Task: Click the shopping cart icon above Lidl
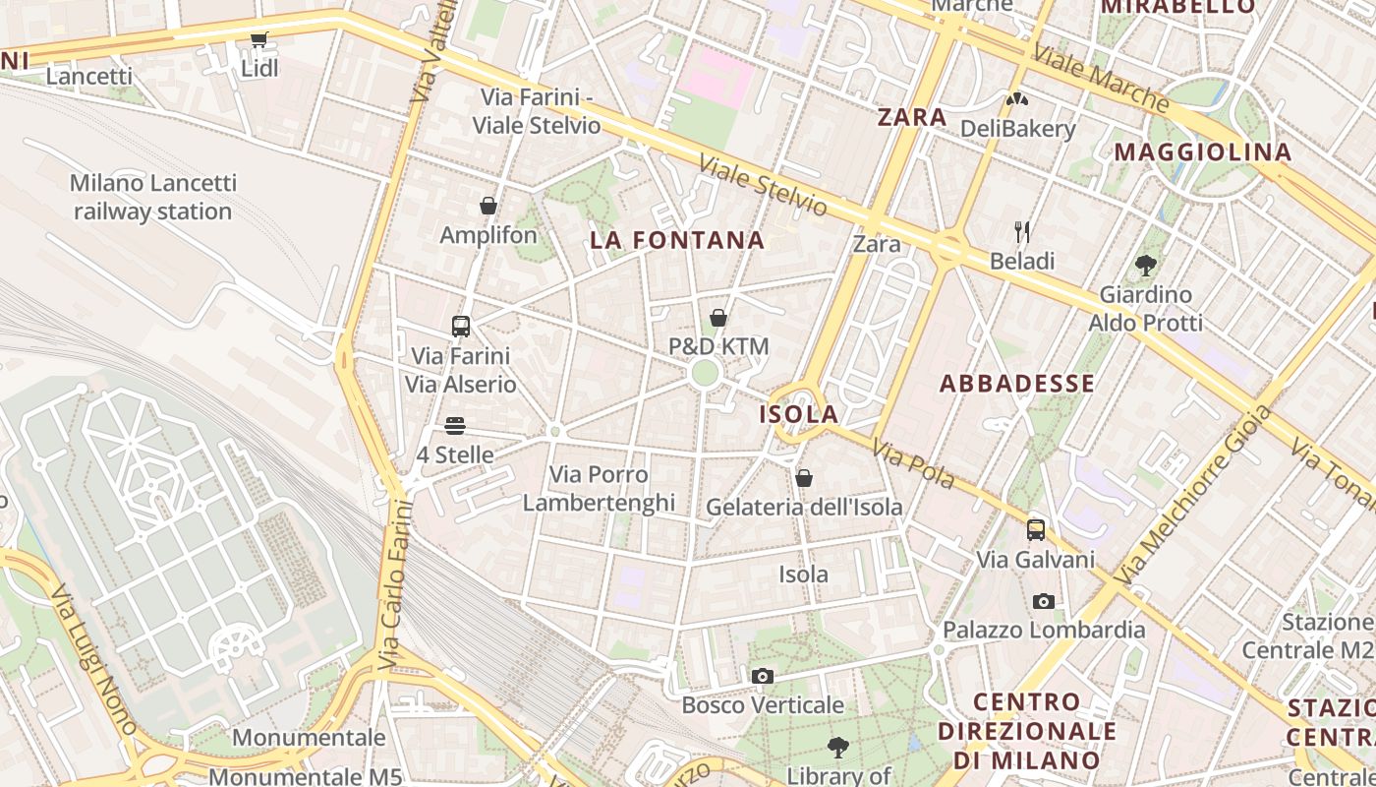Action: pos(258,40)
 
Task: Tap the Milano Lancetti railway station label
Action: pos(152,197)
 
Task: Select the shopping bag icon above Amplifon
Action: pos(488,206)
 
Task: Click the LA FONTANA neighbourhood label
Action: pos(677,240)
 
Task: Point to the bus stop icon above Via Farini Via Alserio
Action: pos(460,327)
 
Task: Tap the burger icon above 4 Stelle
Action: pos(454,426)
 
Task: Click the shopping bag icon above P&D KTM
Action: pos(718,318)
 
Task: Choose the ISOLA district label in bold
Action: pos(798,414)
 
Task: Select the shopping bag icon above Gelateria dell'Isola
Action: pos(804,478)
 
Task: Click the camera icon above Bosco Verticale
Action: pos(762,676)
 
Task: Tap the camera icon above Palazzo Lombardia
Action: pos(1044,601)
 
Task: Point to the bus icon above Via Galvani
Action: pos(1035,530)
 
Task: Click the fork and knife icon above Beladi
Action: pos(1022,232)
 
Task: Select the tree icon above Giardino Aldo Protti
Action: pos(1145,265)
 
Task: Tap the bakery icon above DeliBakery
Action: pos(1017,99)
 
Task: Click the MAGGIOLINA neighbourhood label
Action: pos(1203,152)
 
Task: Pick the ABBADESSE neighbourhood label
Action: pos(1016,384)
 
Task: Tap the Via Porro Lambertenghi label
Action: pos(599,489)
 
